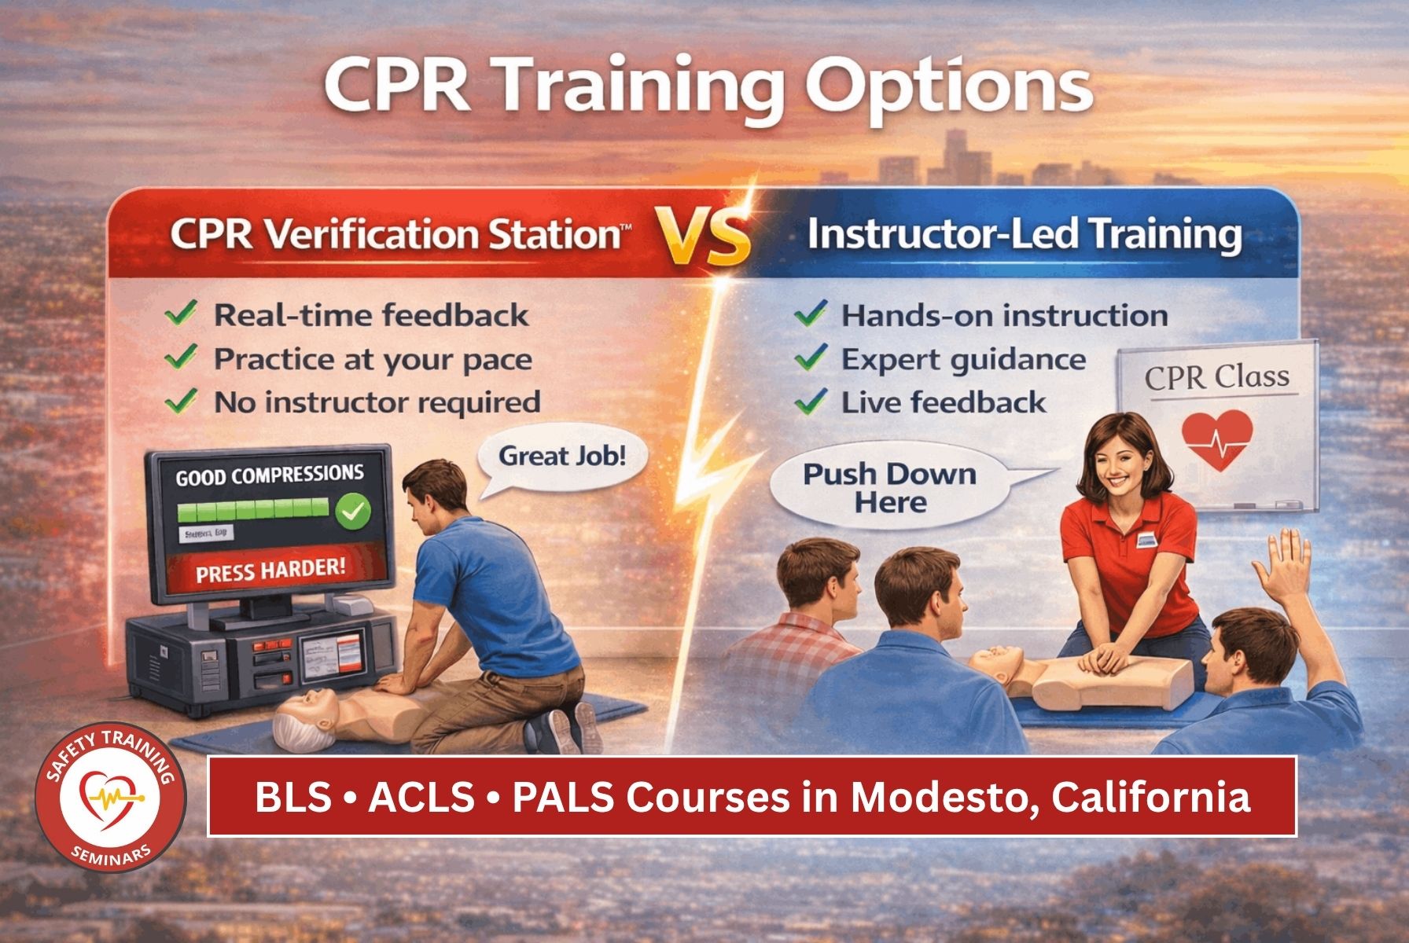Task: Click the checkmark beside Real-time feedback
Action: pyautogui.click(x=182, y=315)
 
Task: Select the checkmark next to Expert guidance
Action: pyautogui.click(x=810, y=359)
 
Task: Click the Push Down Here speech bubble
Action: pyautogui.click(x=888, y=488)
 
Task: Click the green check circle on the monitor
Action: pyautogui.click(x=353, y=512)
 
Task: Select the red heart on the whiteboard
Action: pyautogui.click(x=1216, y=439)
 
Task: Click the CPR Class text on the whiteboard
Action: pyautogui.click(x=1216, y=377)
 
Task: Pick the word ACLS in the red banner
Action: pyautogui.click(x=421, y=797)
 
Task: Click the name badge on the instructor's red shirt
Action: pyautogui.click(x=1149, y=539)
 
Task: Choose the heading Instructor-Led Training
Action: pyautogui.click(x=1025, y=235)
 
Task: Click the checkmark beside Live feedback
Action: pyautogui.click(x=810, y=402)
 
